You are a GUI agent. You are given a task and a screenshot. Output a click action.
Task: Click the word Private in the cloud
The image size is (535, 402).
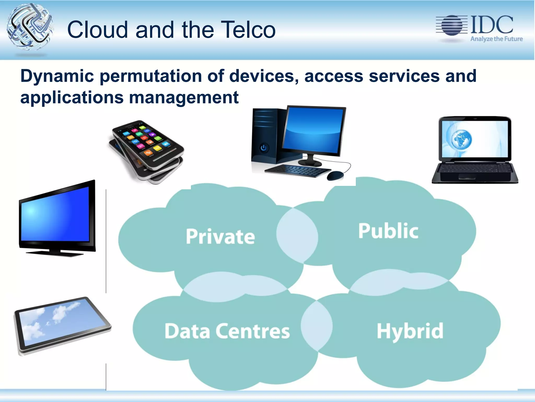point(220,237)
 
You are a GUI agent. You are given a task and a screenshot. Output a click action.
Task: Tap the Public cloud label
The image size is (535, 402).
point(388,231)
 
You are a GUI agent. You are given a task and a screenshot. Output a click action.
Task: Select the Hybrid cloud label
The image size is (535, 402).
point(410,331)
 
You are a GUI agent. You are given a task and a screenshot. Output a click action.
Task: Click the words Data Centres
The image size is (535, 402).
point(227,331)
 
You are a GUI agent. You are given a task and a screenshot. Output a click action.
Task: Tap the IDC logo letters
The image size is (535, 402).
point(492,25)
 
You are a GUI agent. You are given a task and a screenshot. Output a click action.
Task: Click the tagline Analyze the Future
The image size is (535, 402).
point(496,39)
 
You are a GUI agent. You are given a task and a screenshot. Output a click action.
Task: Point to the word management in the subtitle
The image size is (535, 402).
point(184,97)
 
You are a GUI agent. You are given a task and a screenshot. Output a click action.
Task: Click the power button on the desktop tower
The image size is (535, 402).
point(264,148)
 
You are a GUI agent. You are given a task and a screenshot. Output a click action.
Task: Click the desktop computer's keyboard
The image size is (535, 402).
point(298,170)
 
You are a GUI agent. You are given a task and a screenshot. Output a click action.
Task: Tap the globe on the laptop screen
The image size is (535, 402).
point(461,139)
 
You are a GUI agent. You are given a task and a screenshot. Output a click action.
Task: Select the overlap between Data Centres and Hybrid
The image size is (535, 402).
point(317,326)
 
